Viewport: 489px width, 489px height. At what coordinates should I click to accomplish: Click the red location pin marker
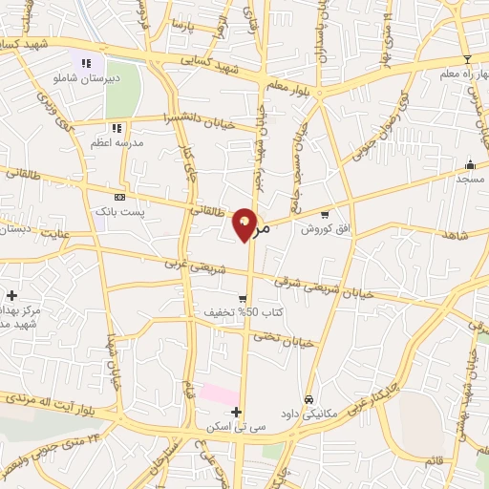(x=245, y=224)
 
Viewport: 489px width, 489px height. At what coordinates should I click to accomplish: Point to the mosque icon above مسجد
(x=469, y=163)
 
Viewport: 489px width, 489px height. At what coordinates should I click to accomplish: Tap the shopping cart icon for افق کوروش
(x=325, y=214)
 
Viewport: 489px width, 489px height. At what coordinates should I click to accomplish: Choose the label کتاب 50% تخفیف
(x=233, y=312)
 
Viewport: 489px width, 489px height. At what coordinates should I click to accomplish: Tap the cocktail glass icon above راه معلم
(x=466, y=59)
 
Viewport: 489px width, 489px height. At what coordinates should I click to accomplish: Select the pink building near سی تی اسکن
(x=220, y=393)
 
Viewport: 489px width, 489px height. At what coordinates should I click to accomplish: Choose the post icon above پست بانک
(x=119, y=196)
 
